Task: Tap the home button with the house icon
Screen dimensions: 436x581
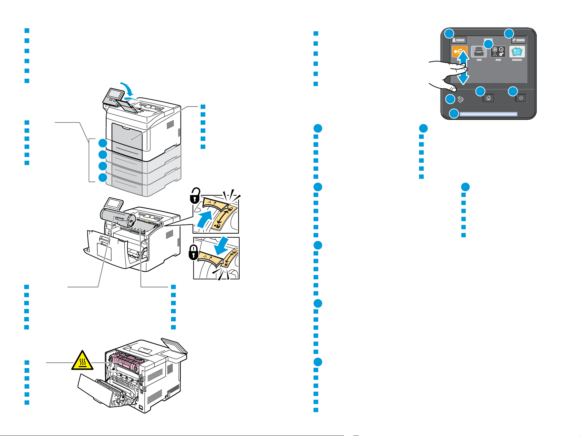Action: [x=488, y=98]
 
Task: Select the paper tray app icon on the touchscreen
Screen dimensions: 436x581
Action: [x=479, y=52]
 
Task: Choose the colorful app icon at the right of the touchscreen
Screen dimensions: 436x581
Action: [x=517, y=52]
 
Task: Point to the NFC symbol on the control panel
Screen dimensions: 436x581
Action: [x=460, y=99]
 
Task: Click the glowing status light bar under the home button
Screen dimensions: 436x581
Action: [x=488, y=114]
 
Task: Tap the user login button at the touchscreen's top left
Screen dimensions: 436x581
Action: [x=459, y=40]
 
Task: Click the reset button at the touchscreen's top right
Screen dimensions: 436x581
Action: [x=519, y=40]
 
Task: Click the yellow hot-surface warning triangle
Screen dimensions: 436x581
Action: [x=82, y=361]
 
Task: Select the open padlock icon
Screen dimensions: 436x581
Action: [x=195, y=196]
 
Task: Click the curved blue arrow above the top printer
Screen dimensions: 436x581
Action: [x=128, y=81]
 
